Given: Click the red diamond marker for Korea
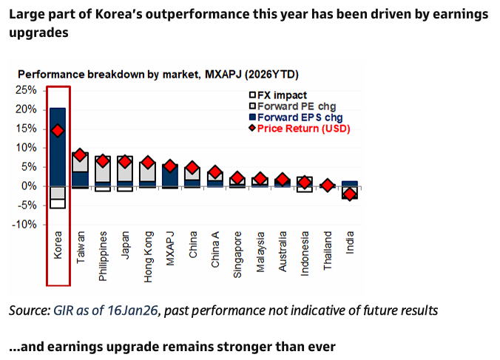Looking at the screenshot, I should (x=58, y=130).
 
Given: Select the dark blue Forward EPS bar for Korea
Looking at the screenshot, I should (x=58, y=148).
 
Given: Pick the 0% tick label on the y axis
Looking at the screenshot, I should (x=29, y=186).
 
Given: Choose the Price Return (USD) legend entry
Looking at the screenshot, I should (x=303, y=129).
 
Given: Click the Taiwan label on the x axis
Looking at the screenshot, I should (x=81, y=245).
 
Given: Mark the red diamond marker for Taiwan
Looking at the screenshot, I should (x=81, y=155).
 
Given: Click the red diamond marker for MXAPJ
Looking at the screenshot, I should (x=170, y=166).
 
